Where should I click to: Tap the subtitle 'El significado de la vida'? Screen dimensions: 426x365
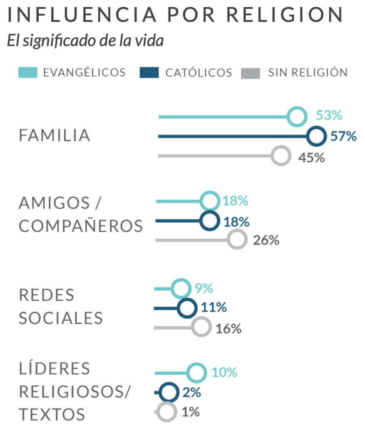point(85,41)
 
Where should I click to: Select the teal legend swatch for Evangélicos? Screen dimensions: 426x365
point(28,73)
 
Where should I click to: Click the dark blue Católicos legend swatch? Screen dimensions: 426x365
point(149,73)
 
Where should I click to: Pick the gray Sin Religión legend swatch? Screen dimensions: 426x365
point(250,73)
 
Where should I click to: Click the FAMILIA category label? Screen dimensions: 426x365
point(55,136)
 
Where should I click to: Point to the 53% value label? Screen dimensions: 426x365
point(329,115)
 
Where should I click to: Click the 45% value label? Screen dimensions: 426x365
point(311,158)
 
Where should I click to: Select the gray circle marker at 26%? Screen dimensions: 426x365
point(237,240)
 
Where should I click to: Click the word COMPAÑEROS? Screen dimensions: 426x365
point(81,226)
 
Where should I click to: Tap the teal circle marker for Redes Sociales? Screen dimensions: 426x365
point(181,288)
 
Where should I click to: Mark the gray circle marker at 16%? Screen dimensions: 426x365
point(201,327)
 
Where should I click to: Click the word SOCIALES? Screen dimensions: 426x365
point(61,318)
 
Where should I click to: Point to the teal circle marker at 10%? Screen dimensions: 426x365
point(196,372)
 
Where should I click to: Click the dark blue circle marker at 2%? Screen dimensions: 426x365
point(168,392)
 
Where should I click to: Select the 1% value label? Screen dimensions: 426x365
point(191,412)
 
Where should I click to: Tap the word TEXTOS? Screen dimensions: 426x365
point(52,415)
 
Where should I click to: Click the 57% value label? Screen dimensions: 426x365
point(344,136)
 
